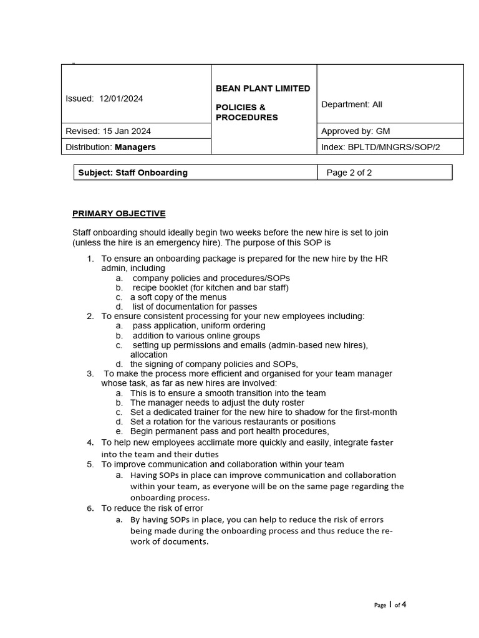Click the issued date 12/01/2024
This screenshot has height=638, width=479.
tap(121, 98)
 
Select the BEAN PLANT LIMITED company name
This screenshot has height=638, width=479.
tap(263, 88)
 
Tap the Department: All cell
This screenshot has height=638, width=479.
tap(351, 105)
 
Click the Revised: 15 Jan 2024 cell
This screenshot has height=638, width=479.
tap(108, 131)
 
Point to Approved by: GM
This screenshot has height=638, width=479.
tap(356, 131)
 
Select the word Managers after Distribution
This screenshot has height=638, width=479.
tap(135, 147)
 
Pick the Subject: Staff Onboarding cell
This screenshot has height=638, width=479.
tap(133, 173)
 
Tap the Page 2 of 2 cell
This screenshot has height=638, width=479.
tap(349, 173)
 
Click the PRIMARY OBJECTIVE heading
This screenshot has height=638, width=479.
tap(119, 214)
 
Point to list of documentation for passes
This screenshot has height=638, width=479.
tap(193, 307)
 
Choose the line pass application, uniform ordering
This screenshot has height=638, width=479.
tap(198, 325)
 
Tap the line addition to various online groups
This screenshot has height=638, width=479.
tap(196, 335)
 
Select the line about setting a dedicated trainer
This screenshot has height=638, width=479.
tap(263, 412)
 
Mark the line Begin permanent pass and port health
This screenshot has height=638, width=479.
tap(229, 431)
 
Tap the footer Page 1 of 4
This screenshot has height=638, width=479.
tap(390, 604)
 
